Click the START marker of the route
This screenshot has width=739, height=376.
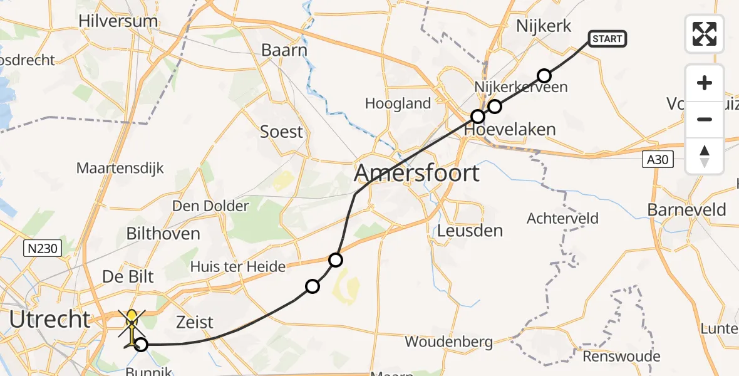click(x=607, y=39)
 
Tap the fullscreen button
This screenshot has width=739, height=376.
click(x=705, y=34)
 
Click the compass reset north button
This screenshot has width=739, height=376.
click(x=705, y=155)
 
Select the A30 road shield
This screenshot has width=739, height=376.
click(x=658, y=160)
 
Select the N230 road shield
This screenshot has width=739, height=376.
click(x=43, y=249)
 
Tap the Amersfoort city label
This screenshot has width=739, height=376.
click(x=417, y=172)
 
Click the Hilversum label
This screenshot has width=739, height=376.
click(x=118, y=21)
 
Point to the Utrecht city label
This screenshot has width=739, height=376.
click(x=50, y=319)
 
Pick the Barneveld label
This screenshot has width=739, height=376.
click(x=687, y=209)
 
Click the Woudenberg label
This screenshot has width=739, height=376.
click(x=448, y=342)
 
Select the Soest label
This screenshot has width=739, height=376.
click(x=282, y=132)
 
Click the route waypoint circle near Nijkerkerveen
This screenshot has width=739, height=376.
click(x=544, y=76)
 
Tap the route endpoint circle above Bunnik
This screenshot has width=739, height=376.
click(x=142, y=344)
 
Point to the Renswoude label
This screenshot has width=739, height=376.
click(x=621, y=357)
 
